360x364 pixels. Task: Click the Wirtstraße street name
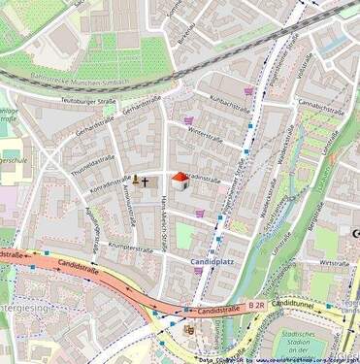tap(334, 263)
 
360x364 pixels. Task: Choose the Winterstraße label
tap(205, 136)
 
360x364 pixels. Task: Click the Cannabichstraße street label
tap(321, 103)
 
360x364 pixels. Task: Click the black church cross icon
tap(145, 181)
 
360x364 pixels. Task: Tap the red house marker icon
tap(179, 180)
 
